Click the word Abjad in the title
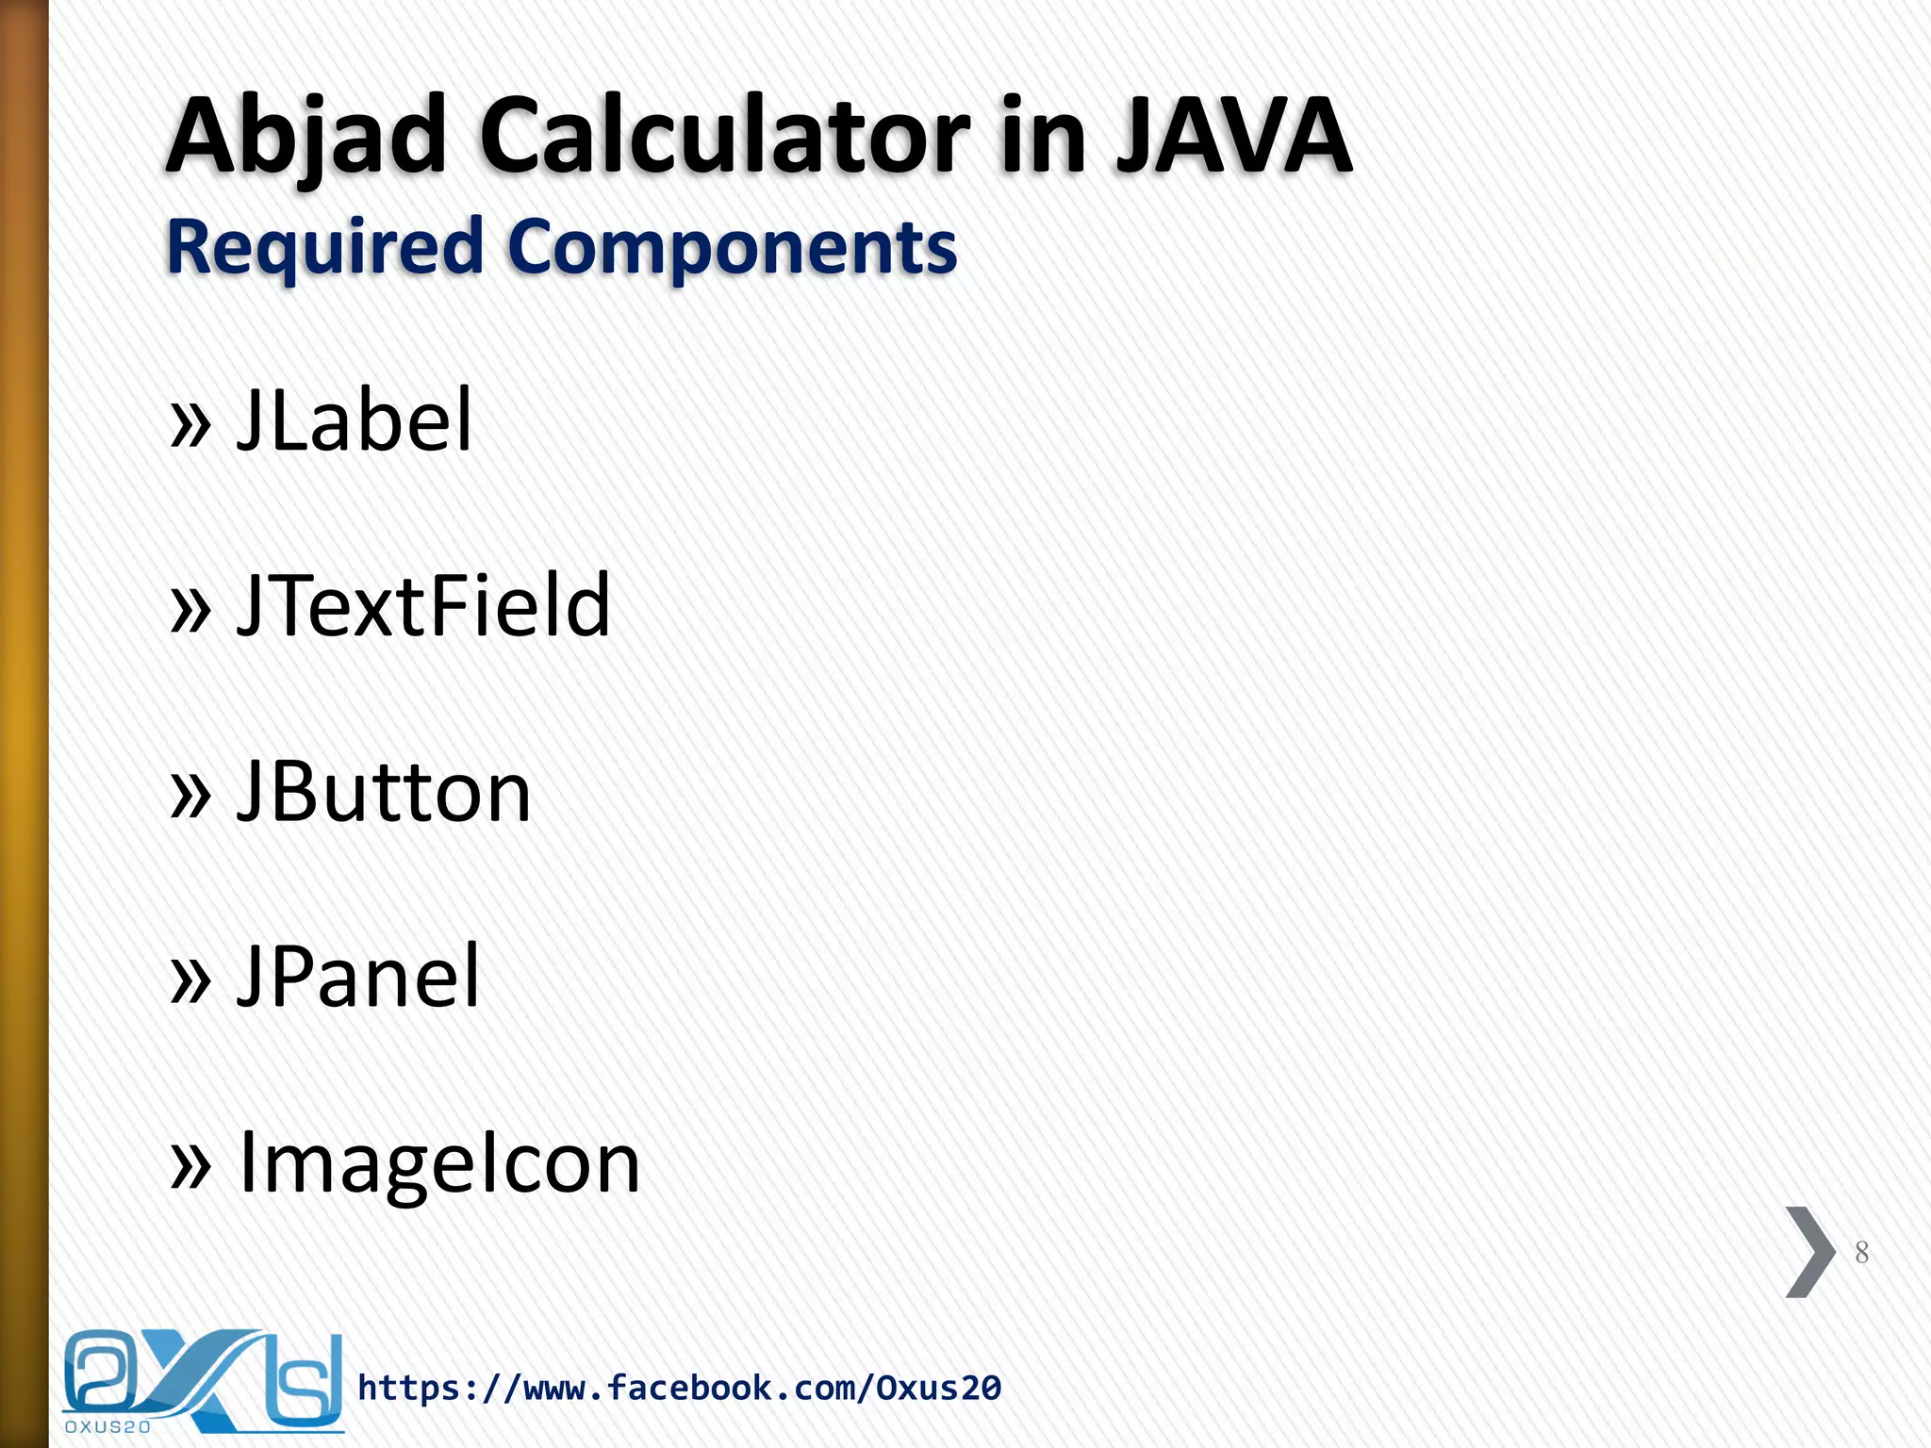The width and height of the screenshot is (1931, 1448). click(306, 137)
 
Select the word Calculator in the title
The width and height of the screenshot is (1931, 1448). click(724, 137)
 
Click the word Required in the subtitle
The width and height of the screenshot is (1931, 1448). click(325, 247)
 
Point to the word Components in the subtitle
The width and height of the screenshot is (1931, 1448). click(733, 247)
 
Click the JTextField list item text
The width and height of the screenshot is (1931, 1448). click(423, 605)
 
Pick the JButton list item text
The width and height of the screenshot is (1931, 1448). click(384, 791)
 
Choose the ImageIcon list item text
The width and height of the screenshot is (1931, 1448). click(440, 1162)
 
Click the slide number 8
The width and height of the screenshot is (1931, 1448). click(1861, 1252)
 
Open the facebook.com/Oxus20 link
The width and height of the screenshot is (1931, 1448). click(679, 1388)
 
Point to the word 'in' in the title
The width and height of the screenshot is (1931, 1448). click(1044, 137)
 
